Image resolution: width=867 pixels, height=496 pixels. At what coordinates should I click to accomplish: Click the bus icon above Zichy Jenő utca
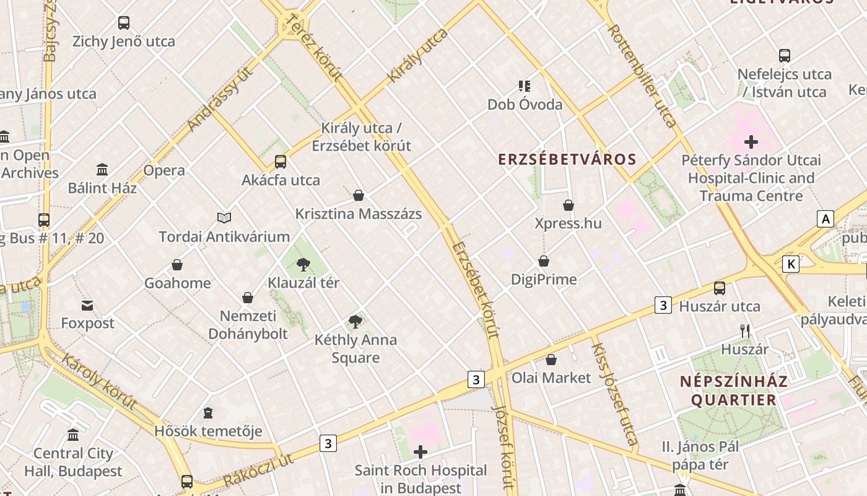click(124, 23)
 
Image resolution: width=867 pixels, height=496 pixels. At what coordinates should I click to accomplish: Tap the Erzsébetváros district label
click(567, 159)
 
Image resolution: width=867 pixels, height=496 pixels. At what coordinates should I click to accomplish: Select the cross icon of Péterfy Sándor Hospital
click(751, 142)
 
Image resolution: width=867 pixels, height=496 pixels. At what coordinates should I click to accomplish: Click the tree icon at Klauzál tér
click(303, 265)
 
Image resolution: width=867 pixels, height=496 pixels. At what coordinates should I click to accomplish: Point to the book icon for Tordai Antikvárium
click(224, 218)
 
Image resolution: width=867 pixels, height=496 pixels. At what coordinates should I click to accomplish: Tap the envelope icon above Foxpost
click(87, 305)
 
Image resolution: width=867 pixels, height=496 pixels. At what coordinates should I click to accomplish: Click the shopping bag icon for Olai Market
click(551, 360)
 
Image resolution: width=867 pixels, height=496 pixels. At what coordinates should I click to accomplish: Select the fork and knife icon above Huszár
click(745, 331)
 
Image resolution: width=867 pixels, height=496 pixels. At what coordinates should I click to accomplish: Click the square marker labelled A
click(825, 219)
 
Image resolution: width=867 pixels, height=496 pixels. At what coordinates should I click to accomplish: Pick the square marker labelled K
click(790, 264)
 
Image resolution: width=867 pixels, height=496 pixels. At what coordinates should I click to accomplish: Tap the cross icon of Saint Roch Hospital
click(420, 452)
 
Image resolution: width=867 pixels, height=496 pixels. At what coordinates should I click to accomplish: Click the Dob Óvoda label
click(525, 104)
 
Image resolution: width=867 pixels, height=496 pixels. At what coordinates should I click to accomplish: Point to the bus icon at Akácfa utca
click(281, 162)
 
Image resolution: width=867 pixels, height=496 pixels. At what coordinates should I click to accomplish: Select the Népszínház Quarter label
click(734, 391)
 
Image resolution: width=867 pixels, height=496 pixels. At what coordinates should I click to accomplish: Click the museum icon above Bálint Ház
click(102, 169)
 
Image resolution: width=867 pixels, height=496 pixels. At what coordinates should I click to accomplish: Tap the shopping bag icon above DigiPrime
click(544, 261)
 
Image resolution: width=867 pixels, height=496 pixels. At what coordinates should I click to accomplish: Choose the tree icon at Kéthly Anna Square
click(355, 321)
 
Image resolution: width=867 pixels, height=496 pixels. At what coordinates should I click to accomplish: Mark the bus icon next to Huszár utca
click(720, 288)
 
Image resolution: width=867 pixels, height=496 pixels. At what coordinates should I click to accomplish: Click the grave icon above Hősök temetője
click(208, 412)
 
